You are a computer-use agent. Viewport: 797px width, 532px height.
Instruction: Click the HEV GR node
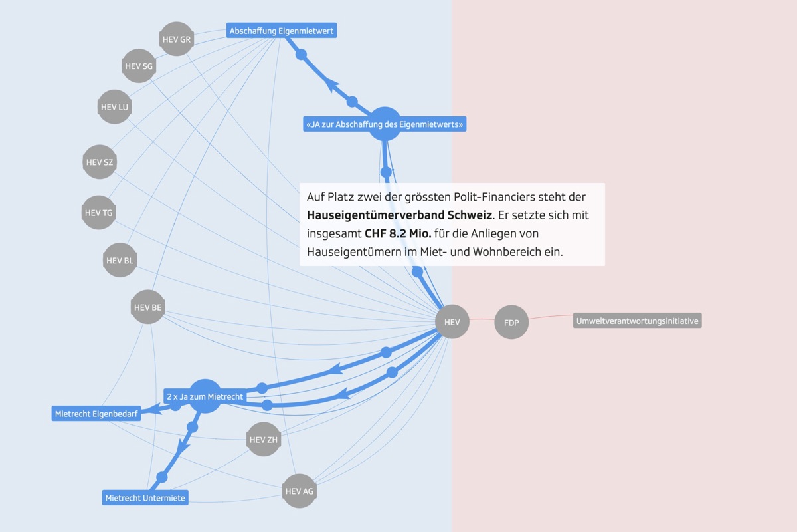176,39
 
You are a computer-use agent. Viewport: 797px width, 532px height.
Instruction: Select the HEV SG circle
138,66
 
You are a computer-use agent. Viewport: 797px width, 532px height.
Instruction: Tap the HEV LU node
114,107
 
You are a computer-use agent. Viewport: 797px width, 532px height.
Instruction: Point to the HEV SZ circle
100,162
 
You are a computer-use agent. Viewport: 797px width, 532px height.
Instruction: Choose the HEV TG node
98,213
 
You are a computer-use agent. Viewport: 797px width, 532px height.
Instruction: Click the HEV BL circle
120,261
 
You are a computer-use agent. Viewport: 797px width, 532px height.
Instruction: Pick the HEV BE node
147,307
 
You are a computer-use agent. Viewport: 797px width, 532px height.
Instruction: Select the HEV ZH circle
263,440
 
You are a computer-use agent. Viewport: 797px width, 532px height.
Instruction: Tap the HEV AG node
299,491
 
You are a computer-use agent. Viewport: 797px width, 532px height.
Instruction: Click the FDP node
511,323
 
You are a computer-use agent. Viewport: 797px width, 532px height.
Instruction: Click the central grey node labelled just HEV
452,322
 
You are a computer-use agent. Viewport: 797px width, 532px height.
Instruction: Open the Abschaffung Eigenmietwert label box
282,31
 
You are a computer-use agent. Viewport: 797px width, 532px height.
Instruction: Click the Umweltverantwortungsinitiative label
637,321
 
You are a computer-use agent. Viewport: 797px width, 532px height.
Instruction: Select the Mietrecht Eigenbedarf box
96,414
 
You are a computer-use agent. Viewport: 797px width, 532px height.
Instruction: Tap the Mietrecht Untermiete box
145,497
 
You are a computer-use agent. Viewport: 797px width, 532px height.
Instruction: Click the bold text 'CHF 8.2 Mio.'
398,234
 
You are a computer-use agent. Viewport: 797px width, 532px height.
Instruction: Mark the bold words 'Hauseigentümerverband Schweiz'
398,216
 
